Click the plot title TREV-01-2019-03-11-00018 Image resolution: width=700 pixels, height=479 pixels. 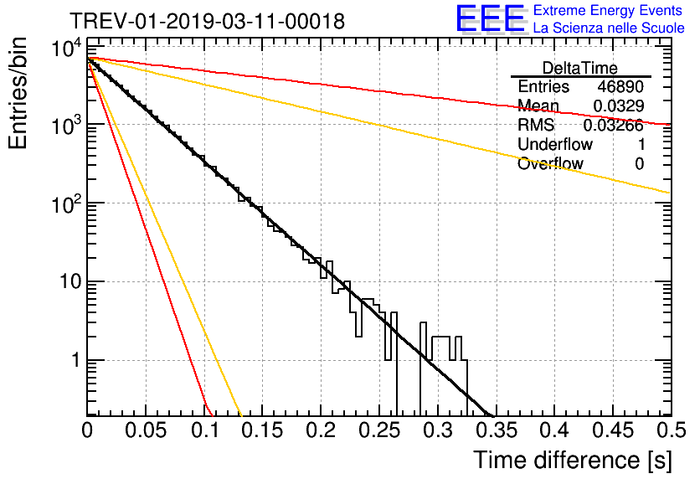point(207,21)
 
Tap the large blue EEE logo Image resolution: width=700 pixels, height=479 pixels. point(491,19)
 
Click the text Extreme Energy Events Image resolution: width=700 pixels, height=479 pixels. point(608,10)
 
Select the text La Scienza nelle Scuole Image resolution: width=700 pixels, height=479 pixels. point(609,28)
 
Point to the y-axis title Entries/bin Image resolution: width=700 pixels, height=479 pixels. point(18,94)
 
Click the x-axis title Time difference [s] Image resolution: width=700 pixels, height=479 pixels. point(573,460)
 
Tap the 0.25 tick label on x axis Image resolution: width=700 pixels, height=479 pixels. point(379,430)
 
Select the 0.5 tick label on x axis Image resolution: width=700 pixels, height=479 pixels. point(672,430)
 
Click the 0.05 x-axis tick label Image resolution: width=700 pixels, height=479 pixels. point(146,430)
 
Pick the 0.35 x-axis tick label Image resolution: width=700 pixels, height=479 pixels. point(497,430)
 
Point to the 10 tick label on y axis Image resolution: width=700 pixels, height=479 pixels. point(70,281)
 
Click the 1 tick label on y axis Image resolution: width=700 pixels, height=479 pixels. point(76,360)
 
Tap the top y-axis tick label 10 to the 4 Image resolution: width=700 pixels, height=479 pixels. point(67,48)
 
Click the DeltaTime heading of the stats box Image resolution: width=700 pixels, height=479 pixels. point(580,68)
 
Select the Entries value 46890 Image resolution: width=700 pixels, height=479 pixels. point(620,86)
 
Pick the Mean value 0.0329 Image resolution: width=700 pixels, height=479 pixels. point(618,106)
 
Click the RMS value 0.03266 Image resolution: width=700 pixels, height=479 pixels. point(614,126)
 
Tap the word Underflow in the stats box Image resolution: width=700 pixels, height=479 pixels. point(555,144)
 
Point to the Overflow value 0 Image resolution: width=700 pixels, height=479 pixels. point(639,164)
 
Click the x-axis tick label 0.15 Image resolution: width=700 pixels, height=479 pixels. point(263,430)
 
